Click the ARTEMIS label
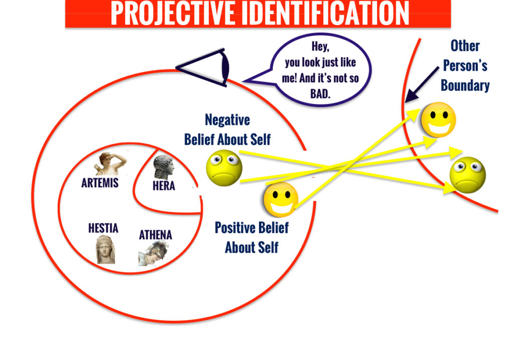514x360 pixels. [x=100, y=183]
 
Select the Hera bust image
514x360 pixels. [x=164, y=167]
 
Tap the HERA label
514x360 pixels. [x=164, y=186]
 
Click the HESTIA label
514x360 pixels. [x=103, y=228]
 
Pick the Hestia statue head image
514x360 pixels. [x=106, y=250]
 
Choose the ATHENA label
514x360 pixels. [x=155, y=234]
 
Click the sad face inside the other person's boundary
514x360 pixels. [x=467, y=175]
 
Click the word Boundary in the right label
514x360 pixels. [x=465, y=85]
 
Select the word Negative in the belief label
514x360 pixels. [x=227, y=120]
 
